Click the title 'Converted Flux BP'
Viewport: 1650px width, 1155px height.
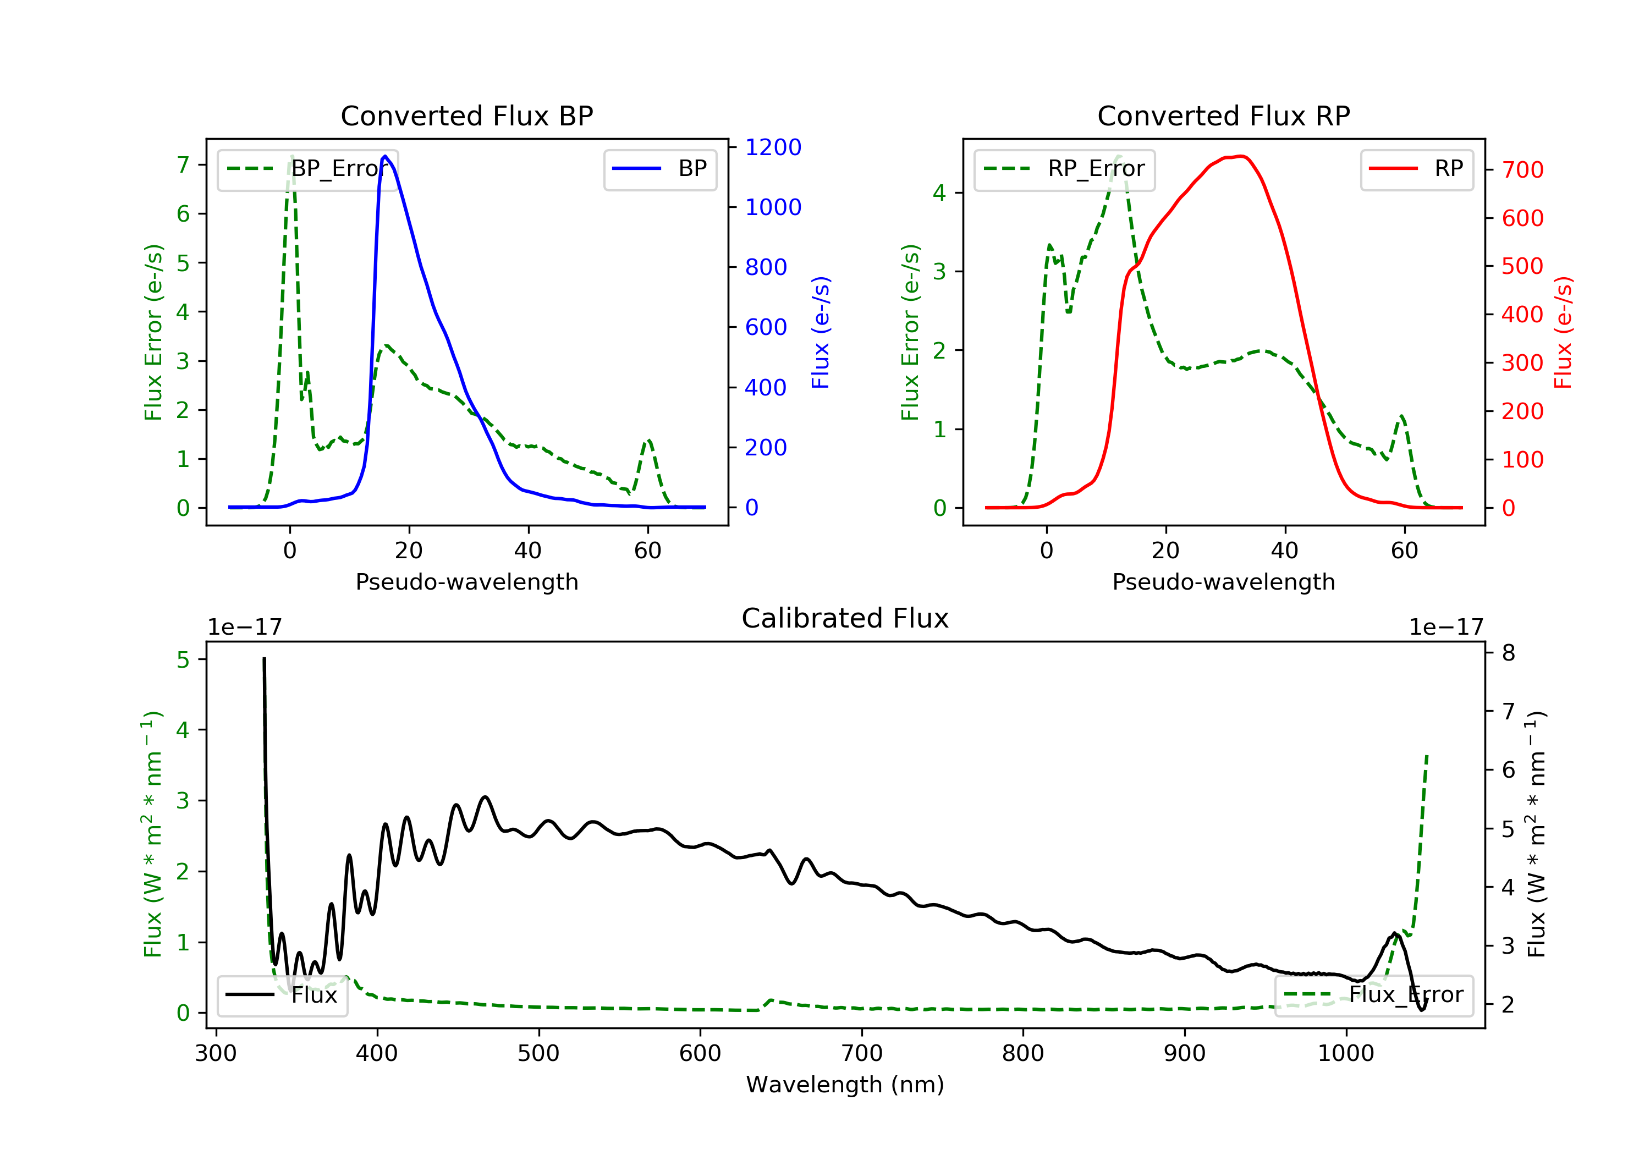point(466,116)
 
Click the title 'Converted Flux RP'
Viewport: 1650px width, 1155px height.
point(1223,116)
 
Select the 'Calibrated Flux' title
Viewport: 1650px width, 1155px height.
point(845,618)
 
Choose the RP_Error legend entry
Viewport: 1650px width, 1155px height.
point(1064,169)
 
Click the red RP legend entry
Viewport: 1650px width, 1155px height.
point(1416,169)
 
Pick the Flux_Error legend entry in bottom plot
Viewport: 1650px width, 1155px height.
point(1373,995)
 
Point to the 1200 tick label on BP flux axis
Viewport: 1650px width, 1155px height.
point(773,147)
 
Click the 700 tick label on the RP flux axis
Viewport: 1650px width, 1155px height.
point(1522,170)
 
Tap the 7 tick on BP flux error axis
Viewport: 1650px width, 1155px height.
point(183,166)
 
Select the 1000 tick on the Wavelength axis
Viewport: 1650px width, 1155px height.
point(1346,1054)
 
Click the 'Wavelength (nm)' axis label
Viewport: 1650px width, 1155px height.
point(845,1085)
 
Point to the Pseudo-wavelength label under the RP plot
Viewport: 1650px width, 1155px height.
point(1223,581)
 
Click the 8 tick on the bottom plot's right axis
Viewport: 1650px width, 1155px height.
point(1509,653)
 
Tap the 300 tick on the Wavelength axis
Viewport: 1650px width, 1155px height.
point(216,1054)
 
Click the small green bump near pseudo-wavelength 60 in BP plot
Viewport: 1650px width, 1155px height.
point(648,440)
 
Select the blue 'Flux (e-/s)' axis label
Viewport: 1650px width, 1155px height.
point(821,332)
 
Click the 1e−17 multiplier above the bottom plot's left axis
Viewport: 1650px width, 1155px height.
point(244,628)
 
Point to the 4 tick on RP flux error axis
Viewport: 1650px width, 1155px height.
point(940,194)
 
